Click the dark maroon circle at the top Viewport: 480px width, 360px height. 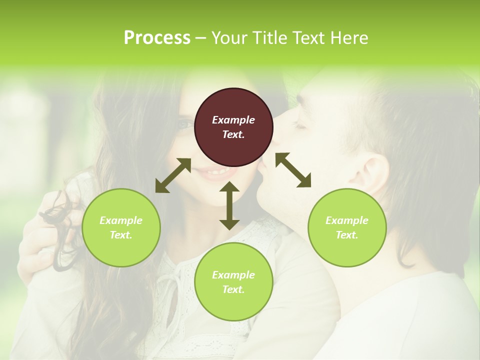coord(233,127)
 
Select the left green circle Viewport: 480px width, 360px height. coord(121,227)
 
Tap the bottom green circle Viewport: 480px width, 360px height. coord(233,282)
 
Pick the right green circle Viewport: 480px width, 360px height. coord(347,227)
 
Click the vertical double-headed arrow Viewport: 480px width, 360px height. coord(229,205)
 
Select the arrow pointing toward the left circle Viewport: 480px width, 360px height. coord(173,175)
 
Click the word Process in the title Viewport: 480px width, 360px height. coord(157,38)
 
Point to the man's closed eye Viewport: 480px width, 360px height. coord(299,126)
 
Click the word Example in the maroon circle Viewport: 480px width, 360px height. coord(233,120)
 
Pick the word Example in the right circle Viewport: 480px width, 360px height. coord(347,220)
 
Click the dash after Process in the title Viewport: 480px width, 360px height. coord(201,38)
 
